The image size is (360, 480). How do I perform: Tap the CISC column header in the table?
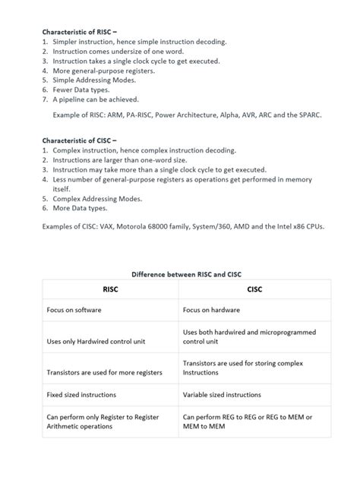(x=254, y=289)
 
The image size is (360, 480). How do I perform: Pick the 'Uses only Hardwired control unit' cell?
(x=101, y=343)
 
